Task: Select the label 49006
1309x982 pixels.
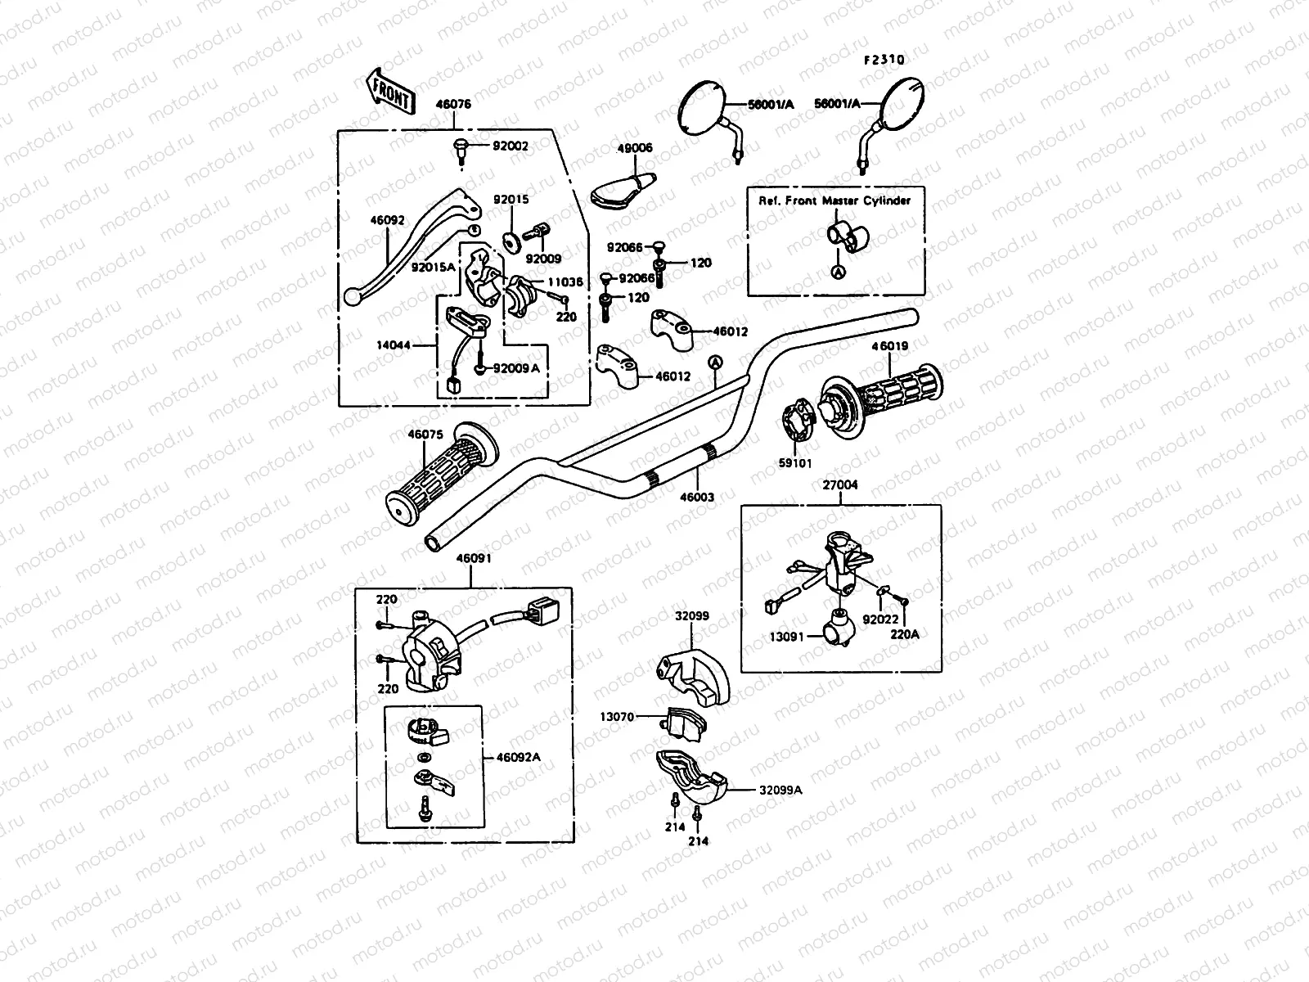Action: [635, 148]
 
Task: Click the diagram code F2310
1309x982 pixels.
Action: [884, 60]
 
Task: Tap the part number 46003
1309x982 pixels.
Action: [698, 497]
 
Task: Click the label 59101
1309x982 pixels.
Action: [794, 462]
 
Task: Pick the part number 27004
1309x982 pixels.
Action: [840, 484]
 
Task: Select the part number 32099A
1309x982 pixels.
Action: [780, 790]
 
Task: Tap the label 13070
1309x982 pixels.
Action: [617, 717]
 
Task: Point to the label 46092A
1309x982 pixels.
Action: [519, 757]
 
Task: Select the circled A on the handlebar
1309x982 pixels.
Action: [715, 361]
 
